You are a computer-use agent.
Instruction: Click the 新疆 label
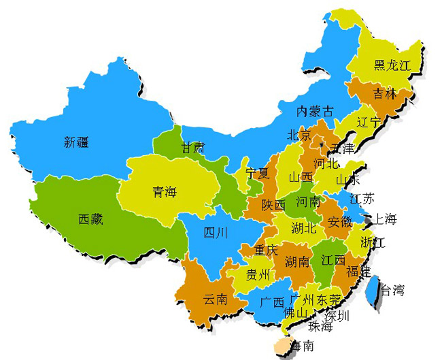click(x=77, y=142)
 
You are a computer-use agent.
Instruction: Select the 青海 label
click(x=164, y=192)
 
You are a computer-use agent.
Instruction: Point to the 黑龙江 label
click(x=393, y=65)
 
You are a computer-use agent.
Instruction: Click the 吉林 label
click(x=384, y=95)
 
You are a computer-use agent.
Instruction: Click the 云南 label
click(x=216, y=299)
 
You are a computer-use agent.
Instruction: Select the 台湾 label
click(x=392, y=291)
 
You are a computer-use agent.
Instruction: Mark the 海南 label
click(x=300, y=346)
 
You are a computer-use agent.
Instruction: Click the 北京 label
click(x=299, y=135)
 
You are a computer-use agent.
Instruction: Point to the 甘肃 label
click(x=192, y=148)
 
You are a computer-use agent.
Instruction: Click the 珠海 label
click(x=320, y=327)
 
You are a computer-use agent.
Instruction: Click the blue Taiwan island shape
click(x=373, y=289)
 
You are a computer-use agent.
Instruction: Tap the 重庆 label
click(x=266, y=250)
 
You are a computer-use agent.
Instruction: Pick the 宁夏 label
click(x=258, y=173)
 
